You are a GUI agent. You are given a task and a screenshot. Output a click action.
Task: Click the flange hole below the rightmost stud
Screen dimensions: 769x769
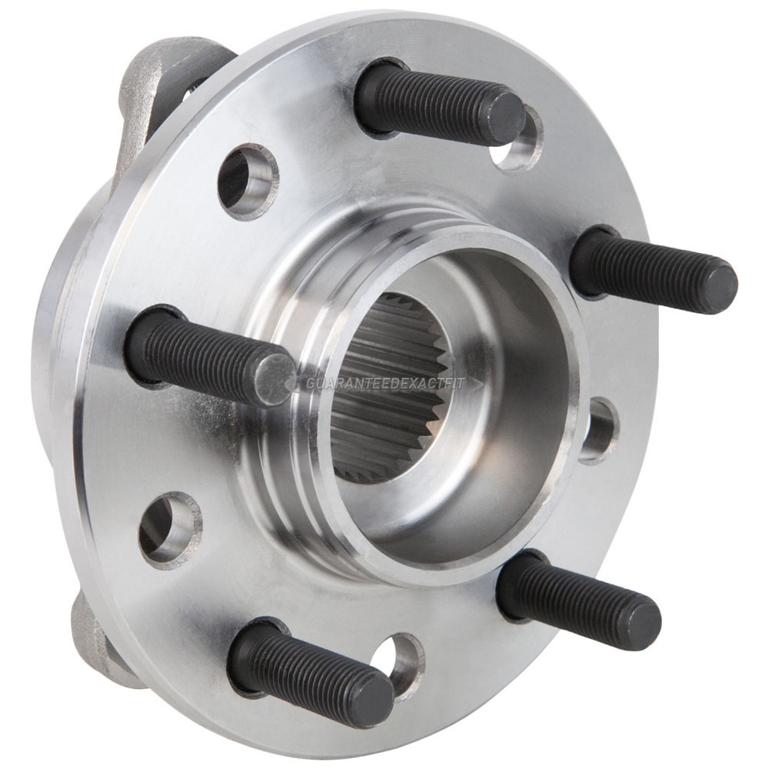coord(599,431)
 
